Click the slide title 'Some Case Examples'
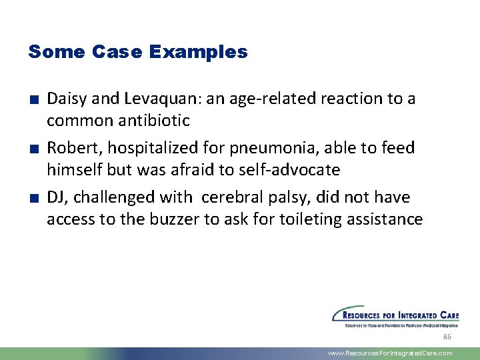click(x=137, y=52)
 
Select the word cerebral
click(x=233, y=197)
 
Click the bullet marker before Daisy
click(x=32, y=100)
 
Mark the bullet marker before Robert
click(x=32, y=149)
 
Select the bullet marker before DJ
click(x=32, y=198)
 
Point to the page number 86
click(x=447, y=337)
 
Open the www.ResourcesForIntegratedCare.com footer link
click(x=390, y=353)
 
